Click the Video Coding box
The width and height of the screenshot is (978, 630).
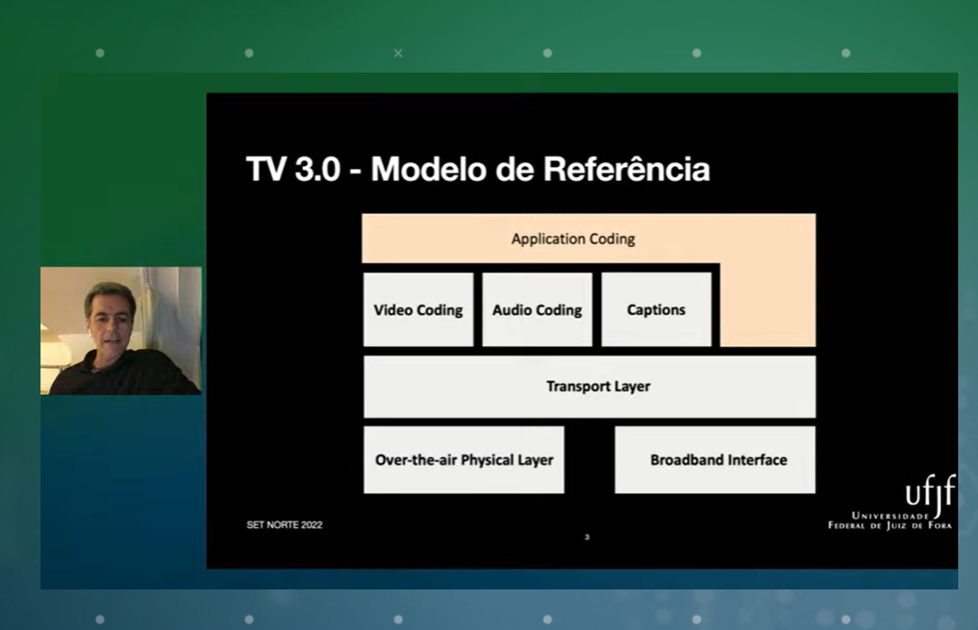[x=418, y=309]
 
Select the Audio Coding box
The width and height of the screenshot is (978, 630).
[x=537, y=309]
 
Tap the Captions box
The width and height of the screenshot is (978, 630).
[x=656, y=309]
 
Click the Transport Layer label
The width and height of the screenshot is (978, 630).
[x=598, y=387]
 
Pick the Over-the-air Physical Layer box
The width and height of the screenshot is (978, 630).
[x=465, y=460]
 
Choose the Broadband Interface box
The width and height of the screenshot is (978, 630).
[x=715, y=460]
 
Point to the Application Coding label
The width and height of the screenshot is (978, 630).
[x=573, y=240]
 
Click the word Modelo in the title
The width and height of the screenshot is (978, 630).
[x=429, y=169]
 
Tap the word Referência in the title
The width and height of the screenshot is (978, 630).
[x=627, y=169]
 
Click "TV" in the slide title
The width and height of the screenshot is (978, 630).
[x=267, y=169]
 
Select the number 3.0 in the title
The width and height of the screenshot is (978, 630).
[x=318, y=169]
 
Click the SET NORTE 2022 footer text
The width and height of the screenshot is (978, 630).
[x=285, y=525]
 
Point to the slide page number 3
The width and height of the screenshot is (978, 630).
[x=587, y=537]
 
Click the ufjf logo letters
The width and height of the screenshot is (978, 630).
[x=931, y=493]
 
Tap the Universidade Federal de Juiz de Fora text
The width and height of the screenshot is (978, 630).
[x=890, y=521]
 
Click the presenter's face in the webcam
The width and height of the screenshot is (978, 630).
[x=110, y=322]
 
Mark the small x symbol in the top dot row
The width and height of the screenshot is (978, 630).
[x=398, y=53]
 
